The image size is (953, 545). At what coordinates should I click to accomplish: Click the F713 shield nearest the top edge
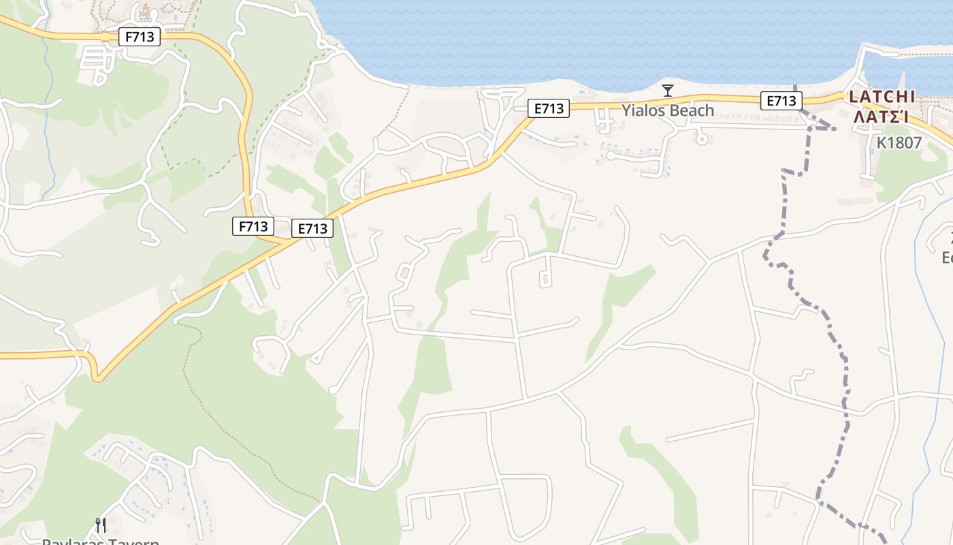tap(140, 37)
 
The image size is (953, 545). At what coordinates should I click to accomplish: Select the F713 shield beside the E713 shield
tap(253, 226)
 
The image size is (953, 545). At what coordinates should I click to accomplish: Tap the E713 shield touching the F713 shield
tap(312, 228)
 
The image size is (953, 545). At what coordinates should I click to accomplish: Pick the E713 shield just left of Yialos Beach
tap(549, 108)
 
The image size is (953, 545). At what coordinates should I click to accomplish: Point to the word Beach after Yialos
tap(691, 110)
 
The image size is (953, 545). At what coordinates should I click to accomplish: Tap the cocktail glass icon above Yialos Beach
tap(668, 91)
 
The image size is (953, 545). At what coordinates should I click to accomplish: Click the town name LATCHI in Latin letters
tap(882, 97)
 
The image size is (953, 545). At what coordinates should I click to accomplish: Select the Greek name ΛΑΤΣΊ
tap(882, 116)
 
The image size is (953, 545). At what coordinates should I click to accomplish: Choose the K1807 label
tap(899, 143)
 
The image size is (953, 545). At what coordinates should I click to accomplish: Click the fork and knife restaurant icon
tap(101, 525)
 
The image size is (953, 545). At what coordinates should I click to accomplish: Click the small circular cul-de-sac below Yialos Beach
tap(702, 138)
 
